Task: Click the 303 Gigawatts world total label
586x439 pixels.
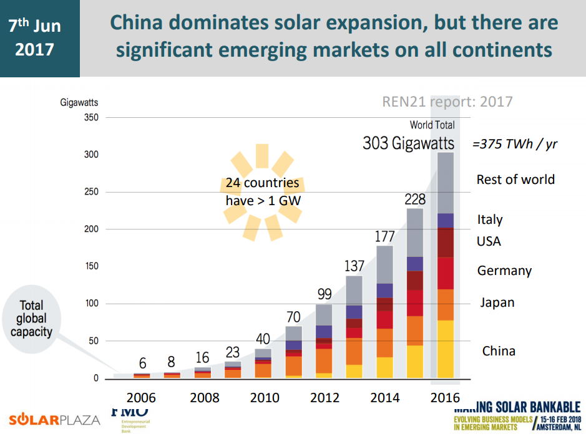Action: [408, 143]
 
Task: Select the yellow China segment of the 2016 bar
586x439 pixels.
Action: [445, 349]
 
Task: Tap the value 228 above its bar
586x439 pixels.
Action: [414, 200]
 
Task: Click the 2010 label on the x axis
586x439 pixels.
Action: [265, 398]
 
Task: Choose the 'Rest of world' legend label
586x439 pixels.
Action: [515, 180]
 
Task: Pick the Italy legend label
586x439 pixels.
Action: [489, 219]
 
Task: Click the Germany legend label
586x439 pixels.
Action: [504, 271]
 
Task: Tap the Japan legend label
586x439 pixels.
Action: [497, 302]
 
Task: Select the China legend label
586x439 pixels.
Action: [499, 351]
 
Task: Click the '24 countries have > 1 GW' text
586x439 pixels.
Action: [262, 193]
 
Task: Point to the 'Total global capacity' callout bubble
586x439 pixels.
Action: [31, 319]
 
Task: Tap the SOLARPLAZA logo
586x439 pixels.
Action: [54, 418]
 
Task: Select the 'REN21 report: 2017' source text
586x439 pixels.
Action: [447, 102]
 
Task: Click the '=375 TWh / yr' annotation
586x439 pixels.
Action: [514, 144]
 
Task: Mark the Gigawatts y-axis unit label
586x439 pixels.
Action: [79, 102]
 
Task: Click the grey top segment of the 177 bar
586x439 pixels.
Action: [384, 264]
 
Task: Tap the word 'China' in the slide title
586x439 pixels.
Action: [137, 22]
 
